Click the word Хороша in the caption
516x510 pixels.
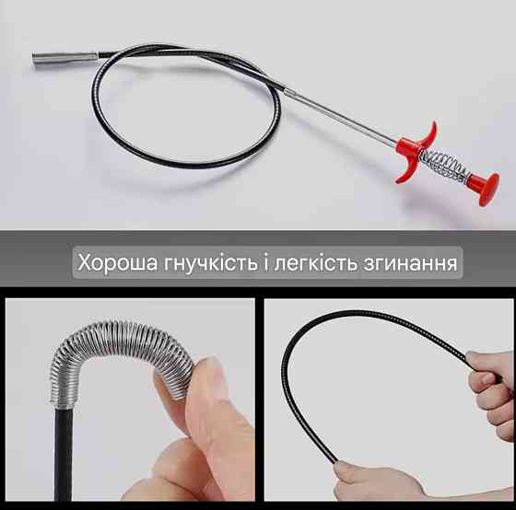pos(118,262)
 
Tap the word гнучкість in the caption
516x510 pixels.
pos(210,263)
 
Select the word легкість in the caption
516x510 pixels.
pos(315,262)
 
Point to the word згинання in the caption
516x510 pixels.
pos(410,263)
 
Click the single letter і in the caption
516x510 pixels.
pos(265,262)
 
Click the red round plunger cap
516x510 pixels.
pos(486,190)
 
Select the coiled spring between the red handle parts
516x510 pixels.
pos(443,166)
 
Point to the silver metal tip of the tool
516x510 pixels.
pos(64,58)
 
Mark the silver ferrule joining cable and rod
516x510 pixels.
pos(289,92)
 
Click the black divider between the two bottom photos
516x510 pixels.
pos(259,400)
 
